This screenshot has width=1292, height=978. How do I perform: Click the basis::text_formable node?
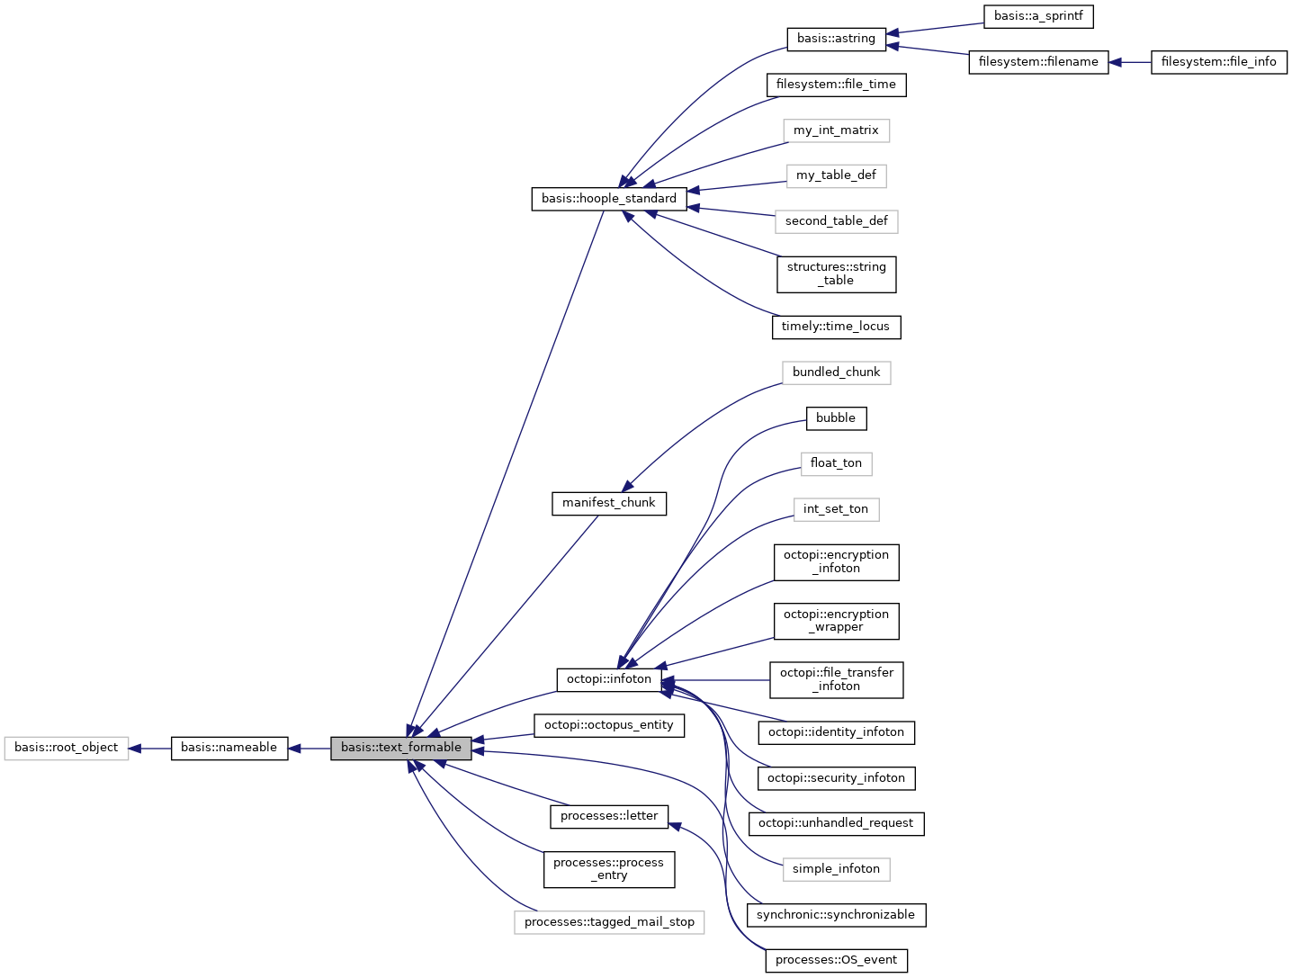(400, 748)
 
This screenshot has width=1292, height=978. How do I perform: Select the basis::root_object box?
(67, 748)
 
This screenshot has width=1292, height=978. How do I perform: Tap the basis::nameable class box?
(229, 748)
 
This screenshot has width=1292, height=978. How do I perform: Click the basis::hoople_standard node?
(609, 199)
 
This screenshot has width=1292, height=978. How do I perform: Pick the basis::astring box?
(836, 39)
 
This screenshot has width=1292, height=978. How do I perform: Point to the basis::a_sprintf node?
(1038, 16)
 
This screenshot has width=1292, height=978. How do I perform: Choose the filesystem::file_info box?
(1219, 62)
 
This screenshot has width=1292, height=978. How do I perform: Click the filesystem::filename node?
(1038, 62)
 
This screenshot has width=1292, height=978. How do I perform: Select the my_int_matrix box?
(836, 130)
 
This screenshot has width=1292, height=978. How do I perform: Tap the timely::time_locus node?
(836, 327)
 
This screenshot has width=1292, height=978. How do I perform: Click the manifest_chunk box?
(609, 503)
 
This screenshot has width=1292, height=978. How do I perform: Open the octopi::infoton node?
(609, 679)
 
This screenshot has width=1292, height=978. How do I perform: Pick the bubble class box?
(836, 418)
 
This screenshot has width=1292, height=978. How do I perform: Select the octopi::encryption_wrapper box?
(836, 621)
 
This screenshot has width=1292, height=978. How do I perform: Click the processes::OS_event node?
(836, 960)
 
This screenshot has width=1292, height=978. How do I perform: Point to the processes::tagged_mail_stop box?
(609, 922)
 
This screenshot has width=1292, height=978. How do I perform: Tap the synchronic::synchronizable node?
(836, 915)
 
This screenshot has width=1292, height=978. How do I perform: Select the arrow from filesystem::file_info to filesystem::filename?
(1130, 62)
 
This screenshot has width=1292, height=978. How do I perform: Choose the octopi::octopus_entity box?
(609, 725)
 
